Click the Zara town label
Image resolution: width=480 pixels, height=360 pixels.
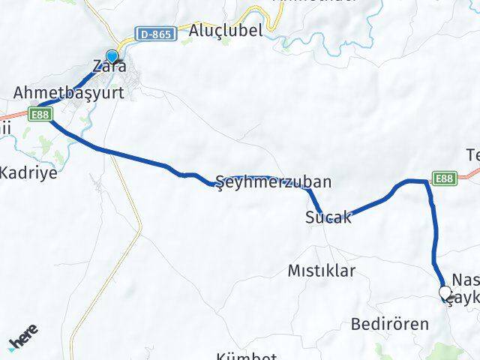(x=109, y=67)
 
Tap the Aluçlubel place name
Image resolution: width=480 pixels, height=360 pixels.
(x=226, y=31)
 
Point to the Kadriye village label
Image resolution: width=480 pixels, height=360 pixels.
(x=28, y=171)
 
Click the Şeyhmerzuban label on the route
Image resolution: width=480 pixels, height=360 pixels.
(x=273, y=181)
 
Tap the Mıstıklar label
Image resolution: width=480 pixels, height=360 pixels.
(x=321, y=271)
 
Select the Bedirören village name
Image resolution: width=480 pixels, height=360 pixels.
(x=390, y=324)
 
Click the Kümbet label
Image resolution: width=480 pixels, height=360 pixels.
(x=247, y=355)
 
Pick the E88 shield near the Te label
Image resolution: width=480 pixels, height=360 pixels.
(x=442, y=178)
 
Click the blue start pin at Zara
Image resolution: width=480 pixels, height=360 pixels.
(x=112, y=57)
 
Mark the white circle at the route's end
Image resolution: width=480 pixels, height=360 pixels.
(x=444, y=292)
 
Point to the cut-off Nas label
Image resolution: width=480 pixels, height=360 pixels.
(x=465, y=278)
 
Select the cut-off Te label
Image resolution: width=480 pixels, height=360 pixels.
(x=472, y=155)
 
